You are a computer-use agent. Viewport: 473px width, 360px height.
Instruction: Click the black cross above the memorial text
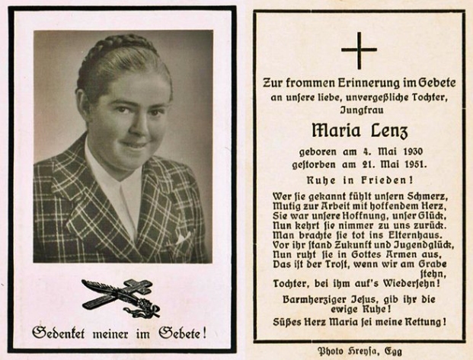point(359,51)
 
